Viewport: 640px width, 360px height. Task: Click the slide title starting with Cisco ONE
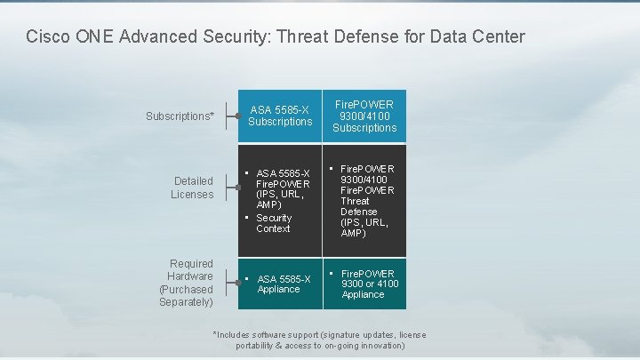(276, 37)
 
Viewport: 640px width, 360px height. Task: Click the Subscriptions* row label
(180, 116)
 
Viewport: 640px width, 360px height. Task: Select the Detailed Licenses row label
(192, 188)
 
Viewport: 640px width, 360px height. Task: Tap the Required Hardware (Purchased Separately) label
(186, 283)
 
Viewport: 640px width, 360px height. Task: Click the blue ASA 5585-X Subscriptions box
(280, 116)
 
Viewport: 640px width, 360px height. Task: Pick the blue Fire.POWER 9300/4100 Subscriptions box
(364, 116)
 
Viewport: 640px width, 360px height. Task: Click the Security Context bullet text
(274, 223)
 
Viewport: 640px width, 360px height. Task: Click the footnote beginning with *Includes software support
(320, 340)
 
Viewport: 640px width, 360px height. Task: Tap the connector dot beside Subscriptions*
(237, 116)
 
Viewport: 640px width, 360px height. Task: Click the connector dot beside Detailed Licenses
(237, 188)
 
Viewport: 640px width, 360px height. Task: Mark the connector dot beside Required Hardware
(237, 284)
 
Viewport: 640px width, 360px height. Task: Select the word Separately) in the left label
(186, 302)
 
